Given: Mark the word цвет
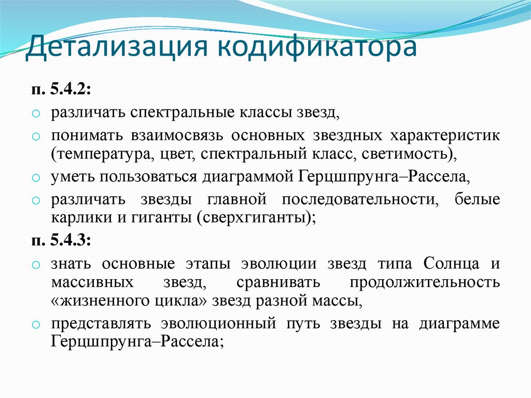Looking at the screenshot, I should [175, 154].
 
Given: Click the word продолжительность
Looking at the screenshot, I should [425, 282].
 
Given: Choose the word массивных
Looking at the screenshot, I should [89, 282].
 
